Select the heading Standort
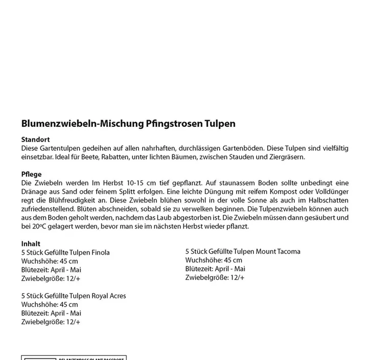pyautogui.click(x=35, y=140)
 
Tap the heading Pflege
pyautogui.click(x=32, y=174)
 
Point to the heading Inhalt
pyautogui.click(x=31, y=244)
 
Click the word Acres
pyautogui.click(x=116, y=296)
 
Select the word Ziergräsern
pyautogui.click(x=285, y=157)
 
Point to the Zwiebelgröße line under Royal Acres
pyautogui.click(x=51, y=322)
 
